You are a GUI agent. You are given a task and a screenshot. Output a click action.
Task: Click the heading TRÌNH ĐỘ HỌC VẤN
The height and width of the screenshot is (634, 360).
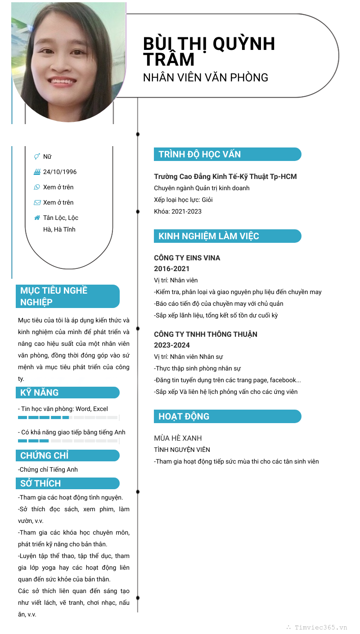pos(200,154)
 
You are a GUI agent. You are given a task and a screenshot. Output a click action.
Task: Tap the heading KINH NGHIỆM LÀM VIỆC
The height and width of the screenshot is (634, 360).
pos(209,236)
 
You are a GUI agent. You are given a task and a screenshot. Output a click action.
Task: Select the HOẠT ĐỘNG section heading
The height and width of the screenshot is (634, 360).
pos(184,416)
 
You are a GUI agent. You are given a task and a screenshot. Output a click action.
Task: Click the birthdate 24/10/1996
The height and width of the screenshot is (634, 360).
pos(60,172)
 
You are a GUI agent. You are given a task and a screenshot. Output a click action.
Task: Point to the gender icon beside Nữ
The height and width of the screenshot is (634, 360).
pos(37,156)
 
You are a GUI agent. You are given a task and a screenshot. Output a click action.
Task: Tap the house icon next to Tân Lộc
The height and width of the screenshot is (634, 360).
pos(37,218)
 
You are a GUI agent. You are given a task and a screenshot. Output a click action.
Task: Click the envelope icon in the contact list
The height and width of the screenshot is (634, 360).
pos(37,202)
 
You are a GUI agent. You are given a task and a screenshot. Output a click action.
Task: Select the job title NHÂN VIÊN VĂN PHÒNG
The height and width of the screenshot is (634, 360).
pos(206,77)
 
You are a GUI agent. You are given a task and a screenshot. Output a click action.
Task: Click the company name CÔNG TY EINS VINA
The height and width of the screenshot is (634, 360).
pos(187,258)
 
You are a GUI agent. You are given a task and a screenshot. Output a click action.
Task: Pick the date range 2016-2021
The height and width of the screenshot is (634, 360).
pos(172,269)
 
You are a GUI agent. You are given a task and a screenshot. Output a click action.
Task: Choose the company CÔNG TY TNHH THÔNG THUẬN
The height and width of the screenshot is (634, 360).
pos(206,335)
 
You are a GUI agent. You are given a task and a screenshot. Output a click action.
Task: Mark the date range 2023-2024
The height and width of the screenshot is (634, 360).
pos(172,345)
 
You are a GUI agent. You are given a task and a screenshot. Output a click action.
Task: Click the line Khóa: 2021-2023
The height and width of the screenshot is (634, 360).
pos(178,211)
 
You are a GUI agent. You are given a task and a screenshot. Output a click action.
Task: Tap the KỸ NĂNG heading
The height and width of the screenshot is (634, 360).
pos(40,393)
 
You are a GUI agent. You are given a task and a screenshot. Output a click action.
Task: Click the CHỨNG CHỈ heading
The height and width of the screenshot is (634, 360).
pos(45,455)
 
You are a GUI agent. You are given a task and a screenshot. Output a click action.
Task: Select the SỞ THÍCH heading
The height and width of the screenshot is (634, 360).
pos(40,483)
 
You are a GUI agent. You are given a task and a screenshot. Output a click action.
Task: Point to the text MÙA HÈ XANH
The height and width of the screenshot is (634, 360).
pos(178,438)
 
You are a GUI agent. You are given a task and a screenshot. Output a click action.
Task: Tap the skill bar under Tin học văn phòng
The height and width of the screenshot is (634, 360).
pos(67,418)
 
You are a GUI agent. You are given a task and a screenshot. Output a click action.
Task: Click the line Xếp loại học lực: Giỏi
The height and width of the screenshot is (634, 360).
pos(184,200)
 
